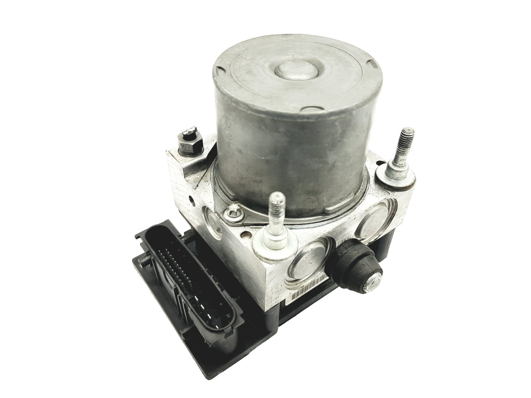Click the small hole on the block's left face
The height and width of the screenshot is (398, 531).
click(x=191, y=200)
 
